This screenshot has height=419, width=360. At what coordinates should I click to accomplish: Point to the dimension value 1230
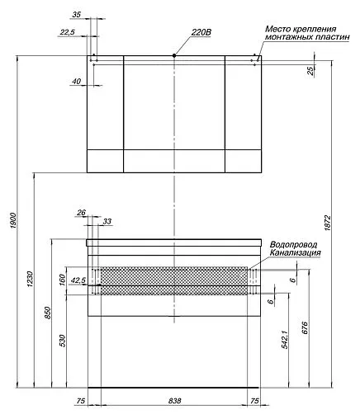pyautogui.click(x=31, y=280)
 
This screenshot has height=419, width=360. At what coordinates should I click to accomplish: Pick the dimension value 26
pyautogui.click(x=81, y=212)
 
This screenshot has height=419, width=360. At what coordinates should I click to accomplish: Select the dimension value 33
pyautogui.click(x=107, y=222)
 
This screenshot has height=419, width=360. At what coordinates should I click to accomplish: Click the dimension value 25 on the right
pyautogui.click(x=311, y=70)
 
